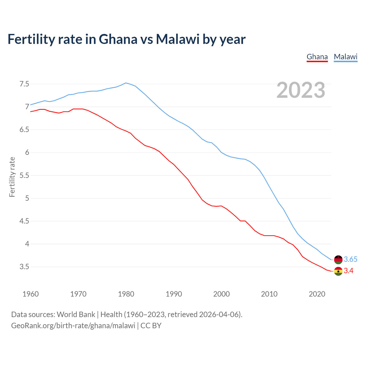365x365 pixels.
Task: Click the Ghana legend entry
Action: point(317,57)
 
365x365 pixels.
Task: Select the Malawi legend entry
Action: point(345,57)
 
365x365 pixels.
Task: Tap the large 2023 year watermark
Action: point(301,90)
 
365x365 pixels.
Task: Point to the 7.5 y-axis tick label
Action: point(24,84)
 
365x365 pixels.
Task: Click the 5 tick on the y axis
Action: point(27,198)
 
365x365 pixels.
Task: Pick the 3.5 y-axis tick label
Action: point(24,267)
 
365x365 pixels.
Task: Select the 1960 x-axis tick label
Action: point(31,294)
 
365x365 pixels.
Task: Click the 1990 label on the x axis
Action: point(174,294)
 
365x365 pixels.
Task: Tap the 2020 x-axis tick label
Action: point(317,294)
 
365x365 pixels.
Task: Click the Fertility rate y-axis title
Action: point(12,177)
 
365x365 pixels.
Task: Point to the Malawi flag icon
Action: point(338,259)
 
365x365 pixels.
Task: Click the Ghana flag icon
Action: point(338,271)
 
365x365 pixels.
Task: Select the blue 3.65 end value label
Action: point(350,259)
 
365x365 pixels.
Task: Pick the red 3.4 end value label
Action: point(348,271)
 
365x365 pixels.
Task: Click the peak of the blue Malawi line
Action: point(126,83)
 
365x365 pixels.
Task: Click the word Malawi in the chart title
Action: point(177,39)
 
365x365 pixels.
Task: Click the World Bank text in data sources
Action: point(76,315)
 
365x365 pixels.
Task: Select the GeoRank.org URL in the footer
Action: point(73,326)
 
